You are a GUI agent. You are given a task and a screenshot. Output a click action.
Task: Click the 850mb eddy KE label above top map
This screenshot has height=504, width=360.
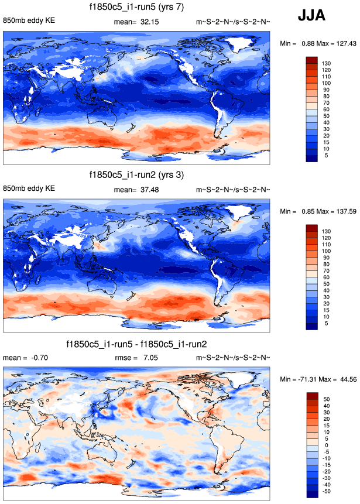click(x=29, y=21)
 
